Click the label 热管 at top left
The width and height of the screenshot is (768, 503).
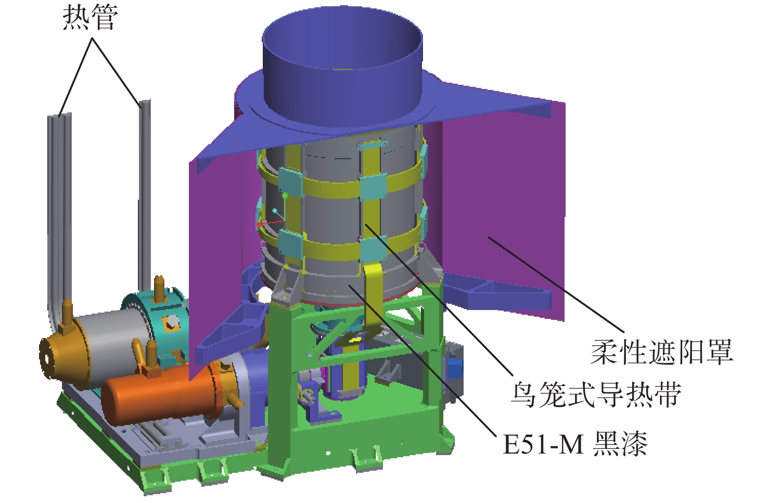(x=91, y=18)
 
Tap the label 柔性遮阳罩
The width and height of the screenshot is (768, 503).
(x=661, y=352)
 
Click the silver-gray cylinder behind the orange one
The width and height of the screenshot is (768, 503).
(x=113, y=334)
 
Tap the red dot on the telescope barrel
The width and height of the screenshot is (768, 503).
(x=259, y=225)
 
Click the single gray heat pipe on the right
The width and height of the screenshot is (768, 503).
(x=145, y=195)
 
